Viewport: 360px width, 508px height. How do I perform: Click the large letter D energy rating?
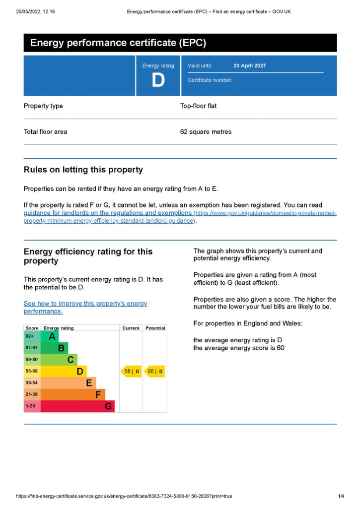(158, 80)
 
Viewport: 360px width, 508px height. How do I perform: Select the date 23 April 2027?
(249, 65)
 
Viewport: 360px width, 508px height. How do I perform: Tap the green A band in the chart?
(50, 337)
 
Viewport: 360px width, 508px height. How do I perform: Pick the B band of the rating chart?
(55, 348)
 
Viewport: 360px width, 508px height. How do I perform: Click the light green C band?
(60, 359)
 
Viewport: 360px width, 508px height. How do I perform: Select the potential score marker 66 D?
(154, 371)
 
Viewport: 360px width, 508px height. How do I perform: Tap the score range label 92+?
(30, 337)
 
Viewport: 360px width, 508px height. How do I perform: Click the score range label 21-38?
(32, 394)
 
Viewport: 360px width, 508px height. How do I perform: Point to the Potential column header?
(155, 328)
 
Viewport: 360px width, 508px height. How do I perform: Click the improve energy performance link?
(85, 307)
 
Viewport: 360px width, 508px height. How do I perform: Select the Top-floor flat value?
(198, 106)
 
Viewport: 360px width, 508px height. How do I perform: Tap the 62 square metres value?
(206, 132)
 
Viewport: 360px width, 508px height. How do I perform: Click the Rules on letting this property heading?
(83, 170)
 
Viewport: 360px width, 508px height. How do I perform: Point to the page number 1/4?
(341, 496)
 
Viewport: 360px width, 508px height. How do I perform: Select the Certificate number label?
(210, 80)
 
